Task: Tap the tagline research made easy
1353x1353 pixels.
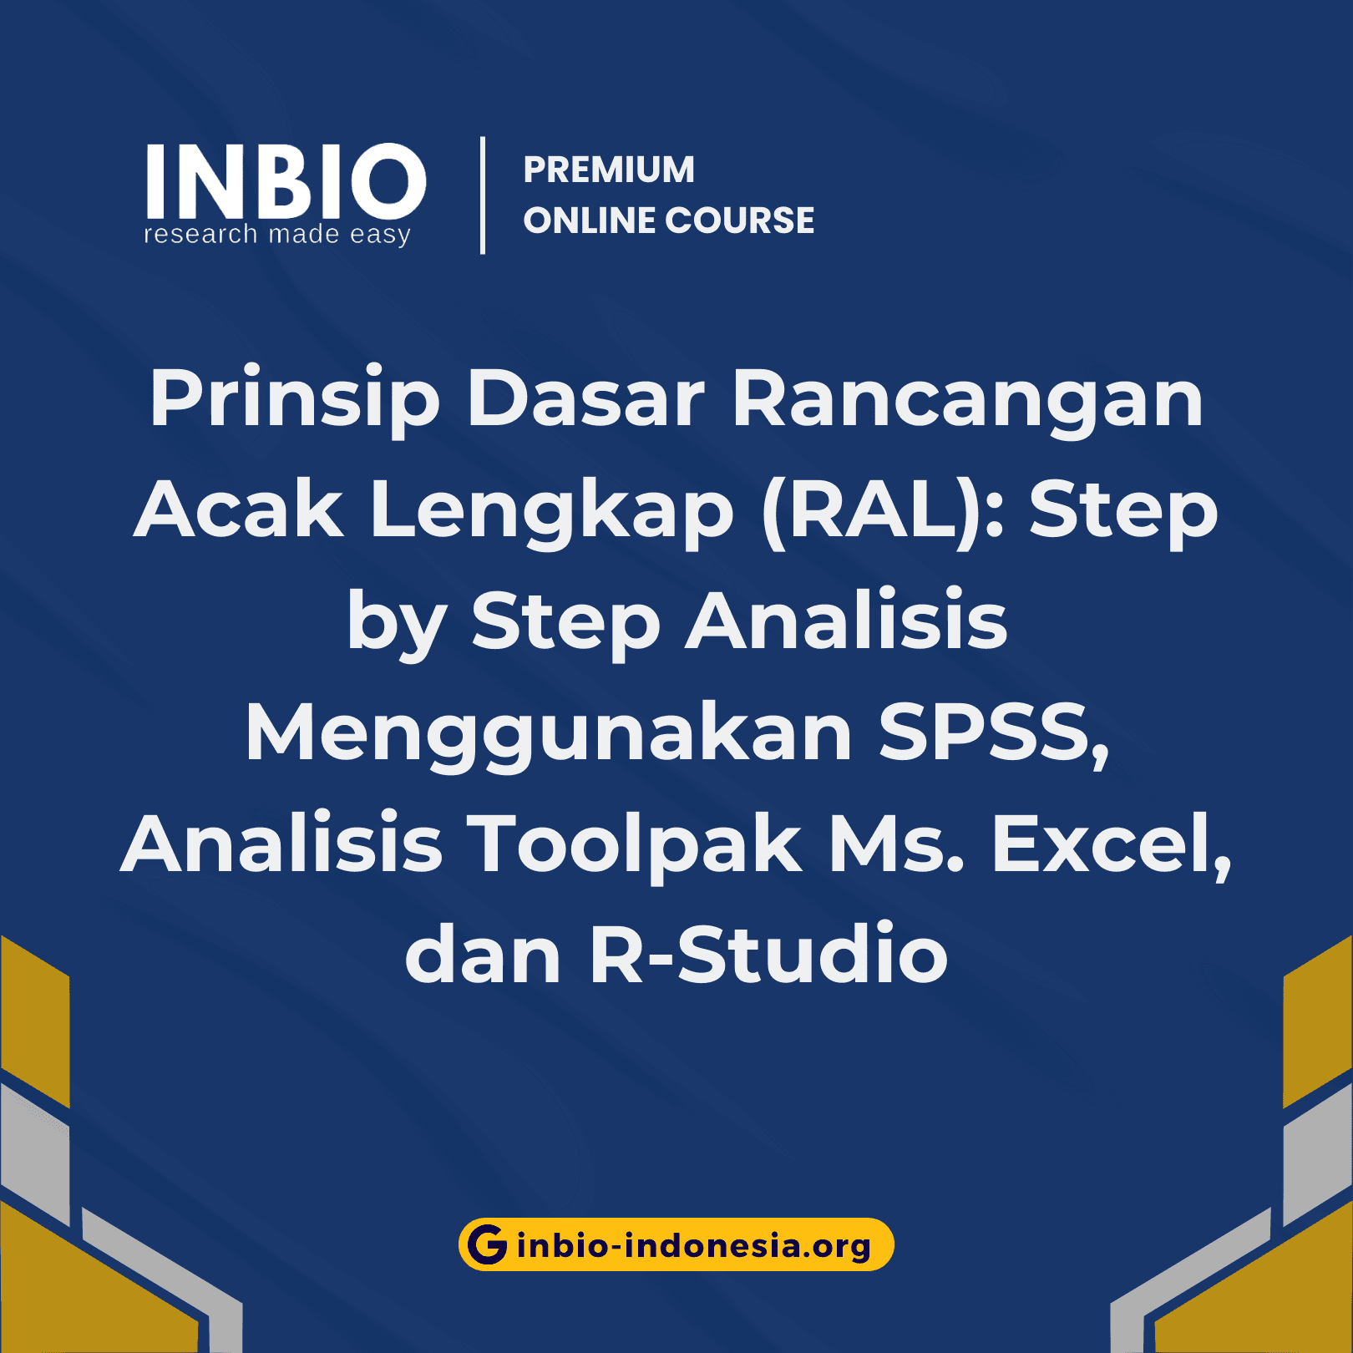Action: coord(277,235)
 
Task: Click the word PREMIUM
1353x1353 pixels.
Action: coord(609,170)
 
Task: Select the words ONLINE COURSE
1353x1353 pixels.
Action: coord(668,220)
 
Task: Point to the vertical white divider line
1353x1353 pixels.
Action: coord(483,195)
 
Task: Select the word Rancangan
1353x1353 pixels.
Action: coord(967,399)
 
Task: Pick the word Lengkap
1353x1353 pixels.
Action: coord(551,510)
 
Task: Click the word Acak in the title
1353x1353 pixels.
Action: coord(239,510)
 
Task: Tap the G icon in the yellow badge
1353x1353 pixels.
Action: coord(488,1244)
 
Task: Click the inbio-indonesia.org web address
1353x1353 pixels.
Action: coord(693,1245)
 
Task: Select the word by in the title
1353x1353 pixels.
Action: coord(396,622)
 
